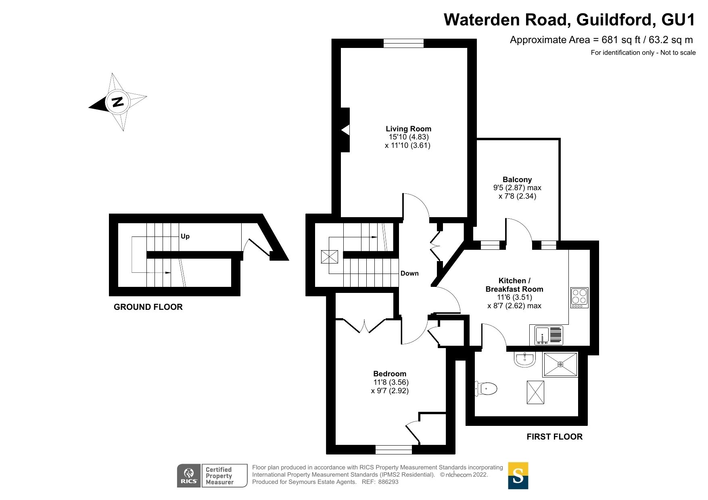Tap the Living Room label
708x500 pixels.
408,129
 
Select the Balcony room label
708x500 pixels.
517,180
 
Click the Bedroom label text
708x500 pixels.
389,374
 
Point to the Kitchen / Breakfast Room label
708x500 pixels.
514,285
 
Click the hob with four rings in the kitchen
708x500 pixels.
579,298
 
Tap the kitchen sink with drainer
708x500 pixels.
548,335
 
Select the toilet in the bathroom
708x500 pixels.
486,389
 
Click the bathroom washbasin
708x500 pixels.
525,359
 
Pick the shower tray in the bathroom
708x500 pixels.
560,365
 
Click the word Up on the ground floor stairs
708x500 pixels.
185,237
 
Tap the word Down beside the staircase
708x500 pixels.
409,274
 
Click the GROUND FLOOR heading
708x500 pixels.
148,307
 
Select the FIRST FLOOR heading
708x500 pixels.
554,437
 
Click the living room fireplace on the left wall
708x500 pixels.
345,130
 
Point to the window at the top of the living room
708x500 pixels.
403,44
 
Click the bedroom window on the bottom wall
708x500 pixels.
393,449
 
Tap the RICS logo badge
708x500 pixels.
189,476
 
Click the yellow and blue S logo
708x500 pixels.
518,476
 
